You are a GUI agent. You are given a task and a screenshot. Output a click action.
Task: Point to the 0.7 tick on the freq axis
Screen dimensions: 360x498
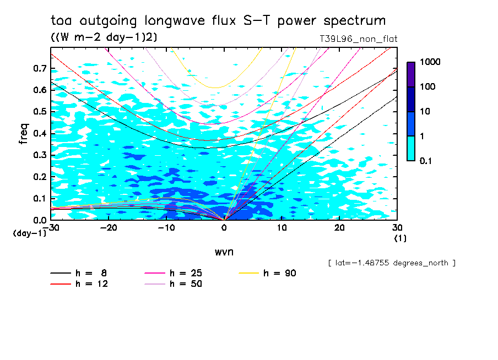(40, 68)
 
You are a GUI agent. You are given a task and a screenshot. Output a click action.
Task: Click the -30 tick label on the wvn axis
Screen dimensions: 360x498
(51, 228)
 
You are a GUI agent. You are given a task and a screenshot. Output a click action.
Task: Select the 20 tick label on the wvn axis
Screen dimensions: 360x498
(339, 228)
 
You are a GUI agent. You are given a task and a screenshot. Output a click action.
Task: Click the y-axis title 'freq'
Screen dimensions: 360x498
(23, 134)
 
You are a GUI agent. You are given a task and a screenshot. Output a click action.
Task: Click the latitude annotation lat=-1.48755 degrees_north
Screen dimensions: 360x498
(392, 263)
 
